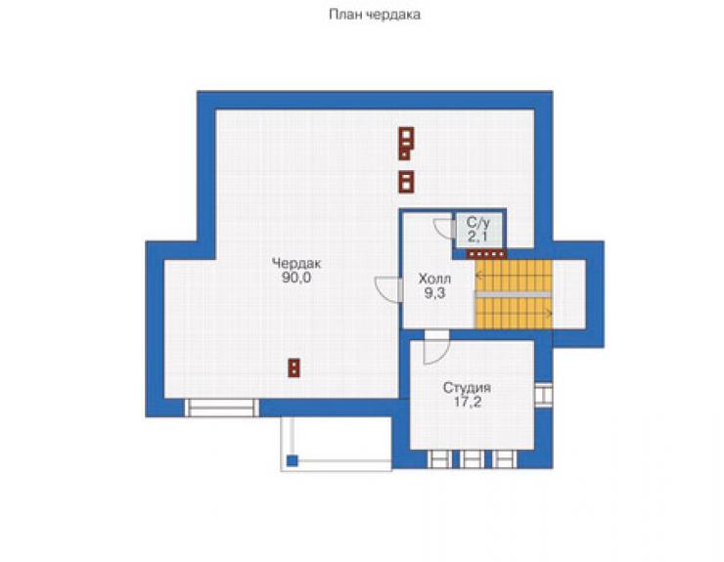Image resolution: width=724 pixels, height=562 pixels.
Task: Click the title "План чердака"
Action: point(375,16)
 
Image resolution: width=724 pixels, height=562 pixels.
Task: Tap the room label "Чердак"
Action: point(296,264)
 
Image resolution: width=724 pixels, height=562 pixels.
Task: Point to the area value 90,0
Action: point(296,278)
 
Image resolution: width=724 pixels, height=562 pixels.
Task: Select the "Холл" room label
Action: point(434,279)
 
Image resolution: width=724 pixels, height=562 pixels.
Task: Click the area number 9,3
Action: point(435,293)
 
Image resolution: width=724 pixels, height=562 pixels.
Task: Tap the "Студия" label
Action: point(467,388)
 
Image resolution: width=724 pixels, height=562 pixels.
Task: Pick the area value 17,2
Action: point(468,402)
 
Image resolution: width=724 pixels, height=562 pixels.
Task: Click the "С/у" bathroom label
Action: point(477,223)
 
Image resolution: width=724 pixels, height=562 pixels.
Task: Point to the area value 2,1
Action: point(477,237)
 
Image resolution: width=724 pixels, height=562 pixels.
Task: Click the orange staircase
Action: point(514,294)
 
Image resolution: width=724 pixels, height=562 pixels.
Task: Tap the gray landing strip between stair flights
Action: point(514,294)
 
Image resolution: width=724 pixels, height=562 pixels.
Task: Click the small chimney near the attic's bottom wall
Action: point(294,367)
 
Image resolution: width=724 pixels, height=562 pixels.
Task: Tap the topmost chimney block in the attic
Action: point(406,144)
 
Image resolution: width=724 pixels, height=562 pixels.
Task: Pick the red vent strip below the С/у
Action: point(486,254)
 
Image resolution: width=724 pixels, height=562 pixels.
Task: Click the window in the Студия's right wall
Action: point(543,395)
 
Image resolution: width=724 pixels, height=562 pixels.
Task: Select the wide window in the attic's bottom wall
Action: point(222,408)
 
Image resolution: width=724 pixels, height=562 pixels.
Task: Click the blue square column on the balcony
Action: point(292,460)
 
